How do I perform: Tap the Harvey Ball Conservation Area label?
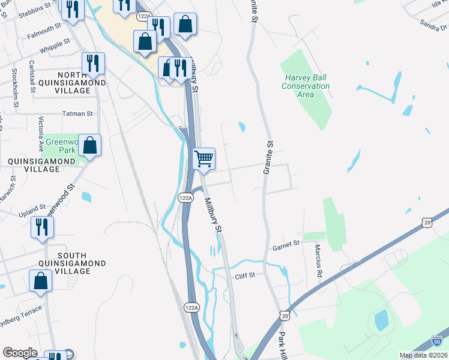coord(306,86)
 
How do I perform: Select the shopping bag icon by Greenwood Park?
coord(89,145)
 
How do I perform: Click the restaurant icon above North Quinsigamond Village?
coord(93,63)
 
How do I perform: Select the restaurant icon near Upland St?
coord(42,227)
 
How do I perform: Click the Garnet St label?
coord(286,244)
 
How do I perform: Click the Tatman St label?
coord(78,113)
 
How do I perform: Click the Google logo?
coord(20,353)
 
